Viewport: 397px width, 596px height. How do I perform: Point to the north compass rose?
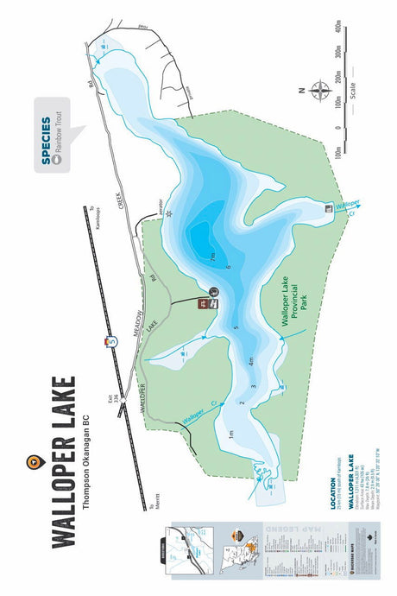click(322, 90)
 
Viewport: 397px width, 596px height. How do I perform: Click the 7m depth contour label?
click(212, 257)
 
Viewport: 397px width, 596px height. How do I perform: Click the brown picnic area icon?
click(203, 304)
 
